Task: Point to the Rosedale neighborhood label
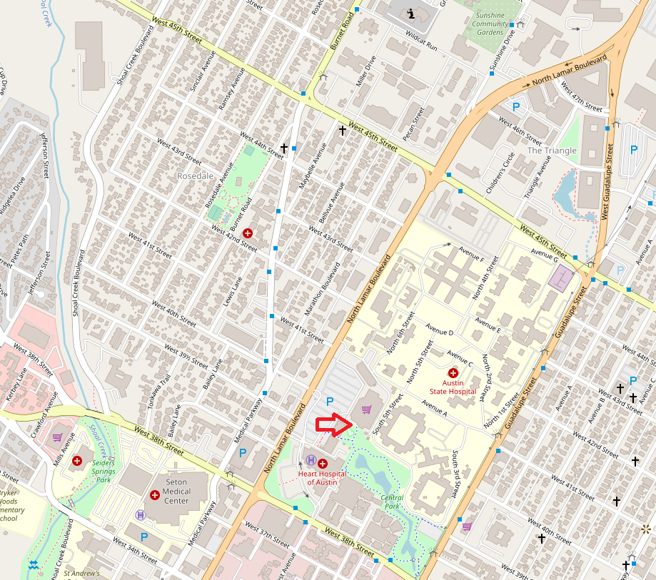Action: (196, 175)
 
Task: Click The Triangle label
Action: (551, 151)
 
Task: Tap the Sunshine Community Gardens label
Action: (490, 24)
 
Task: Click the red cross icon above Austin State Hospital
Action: (453, 372)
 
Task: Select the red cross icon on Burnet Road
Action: (248, 233)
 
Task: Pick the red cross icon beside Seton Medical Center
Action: (155, 495)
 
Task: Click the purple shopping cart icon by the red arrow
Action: (366, 409)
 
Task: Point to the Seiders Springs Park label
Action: (104, 471)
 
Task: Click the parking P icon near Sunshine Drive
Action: (515, 107)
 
